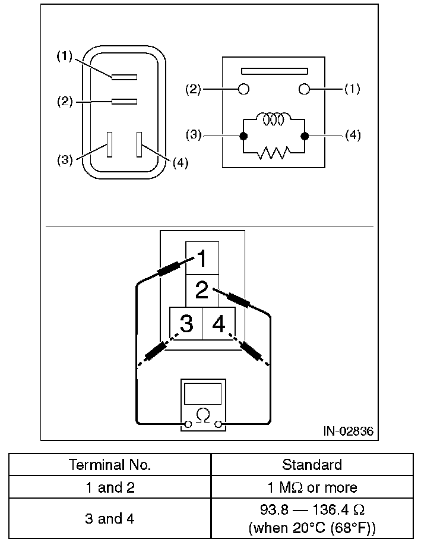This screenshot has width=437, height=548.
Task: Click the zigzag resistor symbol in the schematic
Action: click(x=273, y=153)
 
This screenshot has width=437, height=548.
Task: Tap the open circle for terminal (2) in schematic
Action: click(x=243, y=89)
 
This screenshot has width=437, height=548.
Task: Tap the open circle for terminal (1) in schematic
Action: click(x=305, y=89)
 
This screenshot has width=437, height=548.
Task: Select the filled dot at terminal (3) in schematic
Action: click(x=243, y=136)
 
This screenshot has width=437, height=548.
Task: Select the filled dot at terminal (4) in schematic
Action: click(x=305, y=136)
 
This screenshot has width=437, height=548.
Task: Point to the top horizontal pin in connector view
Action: click(x=124, y=77)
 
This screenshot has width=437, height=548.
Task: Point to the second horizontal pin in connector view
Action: click(x=124, y=102)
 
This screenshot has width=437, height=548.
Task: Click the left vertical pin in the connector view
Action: click(x=109, y=144)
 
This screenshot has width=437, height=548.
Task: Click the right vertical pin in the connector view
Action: click(x=140, y=144)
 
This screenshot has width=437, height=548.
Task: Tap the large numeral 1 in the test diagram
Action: click(x=202, y=259)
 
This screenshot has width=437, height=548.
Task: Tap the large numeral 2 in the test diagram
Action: click(x=202, y=291)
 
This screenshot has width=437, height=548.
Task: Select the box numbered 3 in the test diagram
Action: click(x=186, y=324)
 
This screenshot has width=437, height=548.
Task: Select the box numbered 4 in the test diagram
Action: click(x=218, y=324)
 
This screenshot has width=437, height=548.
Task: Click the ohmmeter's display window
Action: click(x=203, y=393)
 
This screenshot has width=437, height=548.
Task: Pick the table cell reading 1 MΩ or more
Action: click(x=312, y=488)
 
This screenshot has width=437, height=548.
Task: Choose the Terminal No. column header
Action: click(x=110, y=464)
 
